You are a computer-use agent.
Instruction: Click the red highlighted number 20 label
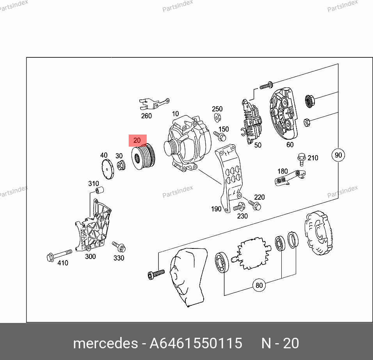(x=137, y=140)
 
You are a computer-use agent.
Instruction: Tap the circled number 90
(x=338, y=155)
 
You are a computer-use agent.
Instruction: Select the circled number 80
(x=259, y=285)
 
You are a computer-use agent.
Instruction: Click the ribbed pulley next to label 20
(x=143, y=157)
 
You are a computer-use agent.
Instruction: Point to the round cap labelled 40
(x=108, y=169)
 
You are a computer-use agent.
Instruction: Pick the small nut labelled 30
(x=121, y=165)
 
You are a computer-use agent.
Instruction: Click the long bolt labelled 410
(x=59, y=255)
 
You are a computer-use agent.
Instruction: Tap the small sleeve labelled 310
(x=99, y=190)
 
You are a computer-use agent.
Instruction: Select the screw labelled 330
(x=119, y=247)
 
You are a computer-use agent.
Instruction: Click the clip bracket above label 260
(x=154, y=104)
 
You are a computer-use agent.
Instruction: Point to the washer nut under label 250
(x=217, y=117)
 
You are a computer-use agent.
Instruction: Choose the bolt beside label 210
(x=301, y=159)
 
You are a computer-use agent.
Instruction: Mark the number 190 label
(x=216, y=209)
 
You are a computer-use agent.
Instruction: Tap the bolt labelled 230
(x=239, y=207)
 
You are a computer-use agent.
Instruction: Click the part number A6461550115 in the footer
(x=196, y=343)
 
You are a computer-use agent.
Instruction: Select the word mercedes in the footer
(x=105, y=343)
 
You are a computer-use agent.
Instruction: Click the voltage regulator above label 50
(x=252, y=121)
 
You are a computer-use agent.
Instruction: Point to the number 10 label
(x=175, y=113)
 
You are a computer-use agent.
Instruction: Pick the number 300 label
(x=91, y=256)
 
